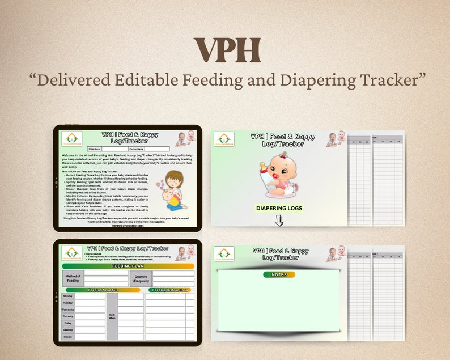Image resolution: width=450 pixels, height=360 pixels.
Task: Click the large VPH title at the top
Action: pyautogui.click(x=227, y=52)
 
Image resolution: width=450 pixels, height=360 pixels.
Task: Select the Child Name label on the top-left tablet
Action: pyautogui.click(x=95, y=149)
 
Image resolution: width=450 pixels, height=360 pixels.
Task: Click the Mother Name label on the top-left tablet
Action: pyautogui.click(x=137, y=149)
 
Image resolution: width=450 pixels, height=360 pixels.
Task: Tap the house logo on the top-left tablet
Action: pyautogui.click(x=71, y=138)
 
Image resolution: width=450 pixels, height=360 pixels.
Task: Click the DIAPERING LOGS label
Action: pyautogui.click(x=279, y=208)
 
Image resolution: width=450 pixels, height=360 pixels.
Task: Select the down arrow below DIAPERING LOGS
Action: pyautogui.click(x=279, y=221)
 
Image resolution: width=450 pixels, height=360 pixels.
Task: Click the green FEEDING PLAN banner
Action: pyautogui.click(x=128, y=265)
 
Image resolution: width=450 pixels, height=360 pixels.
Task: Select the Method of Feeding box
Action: pyautogui.click(x=73, y=278)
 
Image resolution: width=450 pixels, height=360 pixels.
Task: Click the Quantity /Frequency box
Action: pyautogui.click(x=141, y=278)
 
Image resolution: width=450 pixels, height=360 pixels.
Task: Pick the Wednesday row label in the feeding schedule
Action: pyautogui.click(x=68, y=310)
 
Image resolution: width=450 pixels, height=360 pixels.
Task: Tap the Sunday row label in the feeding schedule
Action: pyautogui.click(x=68, y=337)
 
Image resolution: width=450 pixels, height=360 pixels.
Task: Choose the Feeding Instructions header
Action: pyautogui.click(x=169, y=290)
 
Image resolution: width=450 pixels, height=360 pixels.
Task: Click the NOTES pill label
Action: pyautogui.click(x=279, y=275)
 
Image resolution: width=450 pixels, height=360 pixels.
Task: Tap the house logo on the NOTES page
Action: pyautogui.click(x=224, y=253)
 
